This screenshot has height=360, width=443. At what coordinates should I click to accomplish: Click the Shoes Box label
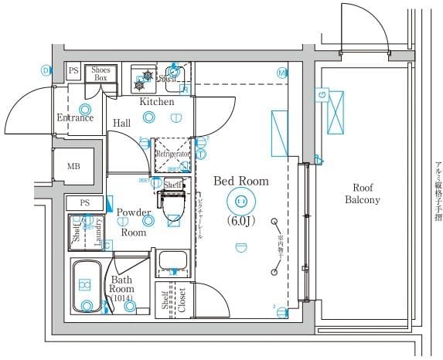pos(101,74)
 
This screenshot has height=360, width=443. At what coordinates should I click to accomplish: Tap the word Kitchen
pos(156,102)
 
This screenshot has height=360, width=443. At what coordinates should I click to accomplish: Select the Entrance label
pos(75,118)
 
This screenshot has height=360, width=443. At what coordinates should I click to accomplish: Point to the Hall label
pos(121,123)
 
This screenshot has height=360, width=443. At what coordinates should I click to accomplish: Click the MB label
pos(73,167)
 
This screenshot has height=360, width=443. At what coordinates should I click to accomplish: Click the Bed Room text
pos(240,182)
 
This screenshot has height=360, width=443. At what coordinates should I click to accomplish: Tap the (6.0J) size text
pos(241,221)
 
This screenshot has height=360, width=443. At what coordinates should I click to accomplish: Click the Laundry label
pos(98,231)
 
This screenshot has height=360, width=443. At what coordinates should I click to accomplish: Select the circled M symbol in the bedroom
pos(281,73)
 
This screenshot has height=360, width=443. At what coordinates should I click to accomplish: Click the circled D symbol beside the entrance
pos(46,70)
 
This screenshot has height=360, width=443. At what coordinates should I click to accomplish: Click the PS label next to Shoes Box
pos(73,70)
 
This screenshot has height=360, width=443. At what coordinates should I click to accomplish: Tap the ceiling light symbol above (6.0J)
pos(240,202)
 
